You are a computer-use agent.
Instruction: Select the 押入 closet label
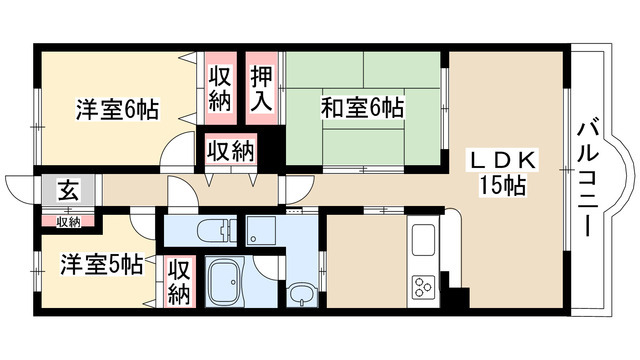pyautogui.click(x=262, y=88)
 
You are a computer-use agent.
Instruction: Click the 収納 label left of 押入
pyautogui.click(x=221, y=89)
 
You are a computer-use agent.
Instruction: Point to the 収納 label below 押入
pyautogui.click(x=229, y=151)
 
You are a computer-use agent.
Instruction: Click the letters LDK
pyautogui.click(x=507, y=160)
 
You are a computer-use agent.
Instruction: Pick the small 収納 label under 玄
pyautogui.click(x=68, y=220)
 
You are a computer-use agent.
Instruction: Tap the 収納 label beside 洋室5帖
pyautogui.click(x=179, y=282)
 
